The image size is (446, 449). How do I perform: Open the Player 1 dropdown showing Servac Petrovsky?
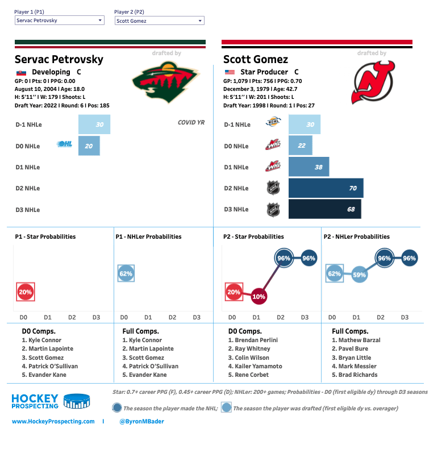(59, 20)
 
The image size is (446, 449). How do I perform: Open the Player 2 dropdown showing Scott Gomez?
(159, 20)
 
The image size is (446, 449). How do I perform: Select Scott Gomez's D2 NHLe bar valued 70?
(326, 188)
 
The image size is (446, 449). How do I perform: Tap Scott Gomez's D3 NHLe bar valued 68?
(324, 209)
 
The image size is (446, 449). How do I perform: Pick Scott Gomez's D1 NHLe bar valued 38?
(309, 167)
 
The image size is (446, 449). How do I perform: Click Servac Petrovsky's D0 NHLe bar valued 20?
(89, 146)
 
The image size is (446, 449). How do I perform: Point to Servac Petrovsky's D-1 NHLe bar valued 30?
(94, 124)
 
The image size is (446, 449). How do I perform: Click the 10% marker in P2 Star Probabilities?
(259, 297)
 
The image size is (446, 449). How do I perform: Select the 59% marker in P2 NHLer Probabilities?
(359, 275)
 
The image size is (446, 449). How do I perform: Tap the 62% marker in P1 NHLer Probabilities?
(126, 274)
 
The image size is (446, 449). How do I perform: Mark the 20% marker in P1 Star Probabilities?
(26, 292)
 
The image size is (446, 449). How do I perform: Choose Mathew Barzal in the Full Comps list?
(360, 340)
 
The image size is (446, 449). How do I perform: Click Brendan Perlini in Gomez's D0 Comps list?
(256, 340)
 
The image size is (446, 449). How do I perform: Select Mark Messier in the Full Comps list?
(360, 366)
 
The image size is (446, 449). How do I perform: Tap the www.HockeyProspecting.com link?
(53, 421)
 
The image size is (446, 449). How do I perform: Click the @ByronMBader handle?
(141, 421)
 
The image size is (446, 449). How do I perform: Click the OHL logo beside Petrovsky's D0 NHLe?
(65, 145)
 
